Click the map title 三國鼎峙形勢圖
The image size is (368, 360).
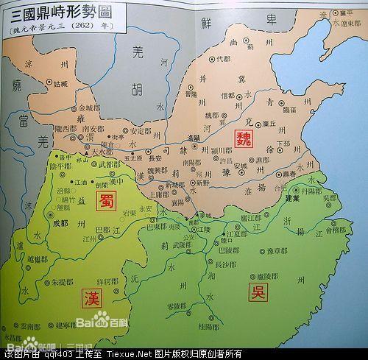point(62,13)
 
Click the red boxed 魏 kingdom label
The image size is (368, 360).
point(244,138)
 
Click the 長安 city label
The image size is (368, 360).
point(155,157)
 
